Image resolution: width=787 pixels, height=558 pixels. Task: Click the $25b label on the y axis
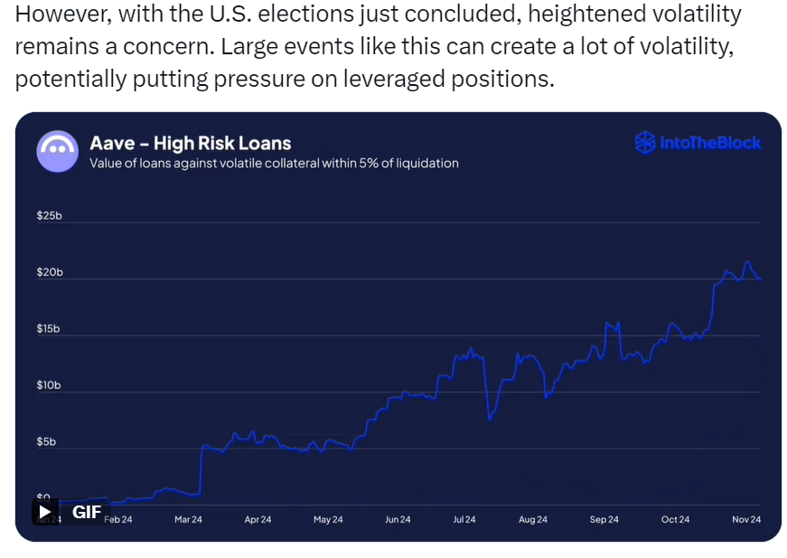[x=48, y=216]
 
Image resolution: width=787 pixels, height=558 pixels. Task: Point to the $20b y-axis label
[x=48, y=272]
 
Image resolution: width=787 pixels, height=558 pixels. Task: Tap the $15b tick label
[x=48, y=329]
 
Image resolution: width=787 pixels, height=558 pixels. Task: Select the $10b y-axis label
[x=48, y=385]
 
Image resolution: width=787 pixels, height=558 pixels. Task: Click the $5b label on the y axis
[x=46, y=442]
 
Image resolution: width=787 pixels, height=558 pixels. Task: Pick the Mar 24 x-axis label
[x=188, y=519]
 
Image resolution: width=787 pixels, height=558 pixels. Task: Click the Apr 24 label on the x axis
[x=258, y=519]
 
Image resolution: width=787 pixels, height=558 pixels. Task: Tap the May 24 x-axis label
[x=328, y=519]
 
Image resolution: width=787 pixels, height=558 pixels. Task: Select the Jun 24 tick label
[x=398, y=519]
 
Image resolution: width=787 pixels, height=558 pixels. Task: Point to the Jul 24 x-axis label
[x=464, y=519]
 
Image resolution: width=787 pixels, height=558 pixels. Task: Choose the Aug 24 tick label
[x=533, y=519]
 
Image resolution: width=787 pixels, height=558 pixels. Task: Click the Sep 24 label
[x=604, y=519]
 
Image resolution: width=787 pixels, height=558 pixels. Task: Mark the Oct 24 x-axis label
[x=675, y=519]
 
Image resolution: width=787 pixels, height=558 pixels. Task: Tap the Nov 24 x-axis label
[x=745, y=519]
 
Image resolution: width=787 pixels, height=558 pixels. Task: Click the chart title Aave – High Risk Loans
[x=190, y=143]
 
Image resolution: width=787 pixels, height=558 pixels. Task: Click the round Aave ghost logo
[x=58, y=151]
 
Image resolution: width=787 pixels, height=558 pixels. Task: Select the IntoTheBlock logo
[x=698, y=143]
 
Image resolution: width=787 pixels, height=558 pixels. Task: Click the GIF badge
[x=77, y=512]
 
